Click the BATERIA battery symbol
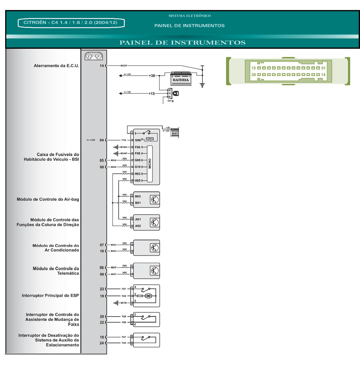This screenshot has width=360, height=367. point(181,79)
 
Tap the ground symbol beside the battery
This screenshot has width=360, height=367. point(202,85)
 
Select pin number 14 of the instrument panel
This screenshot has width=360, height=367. point(102,66)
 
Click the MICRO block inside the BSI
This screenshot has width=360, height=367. point(150,163)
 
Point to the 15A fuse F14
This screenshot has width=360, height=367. point(150,140)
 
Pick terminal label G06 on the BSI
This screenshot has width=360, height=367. point(138,140)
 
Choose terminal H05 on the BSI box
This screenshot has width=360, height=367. point(138,181)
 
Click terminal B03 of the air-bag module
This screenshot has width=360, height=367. point(138,196)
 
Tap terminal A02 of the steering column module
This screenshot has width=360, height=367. point(138,226)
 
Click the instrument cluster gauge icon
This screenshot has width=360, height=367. point(94,56)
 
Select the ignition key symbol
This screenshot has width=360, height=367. point(176,93)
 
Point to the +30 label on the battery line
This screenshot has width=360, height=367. point(152,76)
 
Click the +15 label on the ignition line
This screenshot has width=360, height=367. point(152,93)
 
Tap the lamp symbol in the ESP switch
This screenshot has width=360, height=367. point(148,296)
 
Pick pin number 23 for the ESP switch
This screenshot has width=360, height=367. point(102,289)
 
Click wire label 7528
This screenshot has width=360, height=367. point(124,317)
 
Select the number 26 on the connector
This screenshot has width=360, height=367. point(254,75)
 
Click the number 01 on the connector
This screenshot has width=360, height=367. point(323,68)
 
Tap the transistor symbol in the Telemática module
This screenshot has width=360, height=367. point(154,271)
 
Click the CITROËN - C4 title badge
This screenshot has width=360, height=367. point(71,23)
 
